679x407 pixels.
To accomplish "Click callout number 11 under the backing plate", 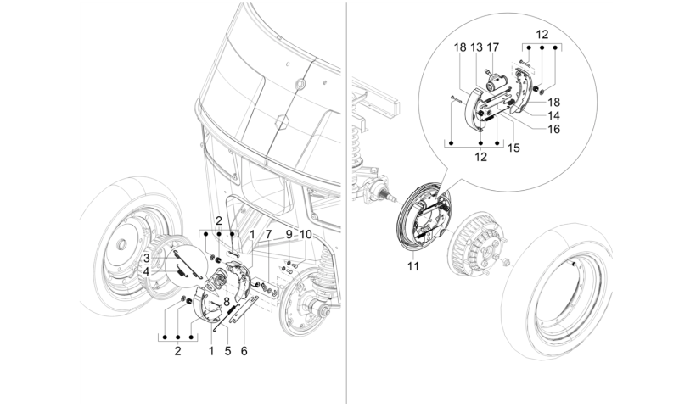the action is click(x=413, y=266).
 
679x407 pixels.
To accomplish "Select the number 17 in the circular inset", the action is click(x=493, y=47).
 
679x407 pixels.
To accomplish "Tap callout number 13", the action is click(x=476, y=47).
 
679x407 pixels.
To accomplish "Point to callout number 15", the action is click(x=513, y=148).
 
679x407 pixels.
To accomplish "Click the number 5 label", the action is click(x=227, y=351).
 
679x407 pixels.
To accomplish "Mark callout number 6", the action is click(x=244, y=351).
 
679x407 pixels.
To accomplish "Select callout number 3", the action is click(x=147, y=259).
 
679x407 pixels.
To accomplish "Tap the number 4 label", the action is click(x=147, y=272).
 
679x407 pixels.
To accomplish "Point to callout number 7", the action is click(x=268, y=234).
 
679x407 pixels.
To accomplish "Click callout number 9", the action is click(x=289, y=234).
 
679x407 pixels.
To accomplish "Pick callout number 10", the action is click(x=306, y=234).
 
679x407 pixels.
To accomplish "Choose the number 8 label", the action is click(x=226, y=302).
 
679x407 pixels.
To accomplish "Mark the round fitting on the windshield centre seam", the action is click(x=299, y=83).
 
